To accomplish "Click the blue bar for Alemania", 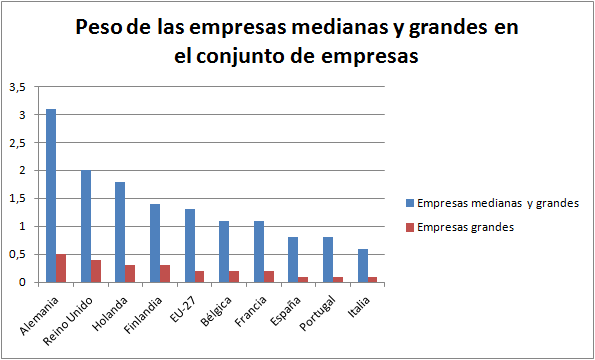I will (51, 195).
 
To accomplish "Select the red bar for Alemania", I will (61, 268).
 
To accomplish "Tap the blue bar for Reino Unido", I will (86, 226).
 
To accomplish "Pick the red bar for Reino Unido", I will (96, 271).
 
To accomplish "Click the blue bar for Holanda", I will (120, 232).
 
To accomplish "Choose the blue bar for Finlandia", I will (155, 243).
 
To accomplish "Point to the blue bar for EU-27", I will (190, 246).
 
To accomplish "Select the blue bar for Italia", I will (363, 265).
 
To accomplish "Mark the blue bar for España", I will (293, 259).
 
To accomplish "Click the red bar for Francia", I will (269, 276).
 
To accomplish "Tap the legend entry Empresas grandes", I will (465, 227).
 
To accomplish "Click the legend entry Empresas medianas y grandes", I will (497, 203).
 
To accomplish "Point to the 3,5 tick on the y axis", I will (18, 87).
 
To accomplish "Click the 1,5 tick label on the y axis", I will (18, 198).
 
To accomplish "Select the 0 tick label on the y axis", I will (23, 282).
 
